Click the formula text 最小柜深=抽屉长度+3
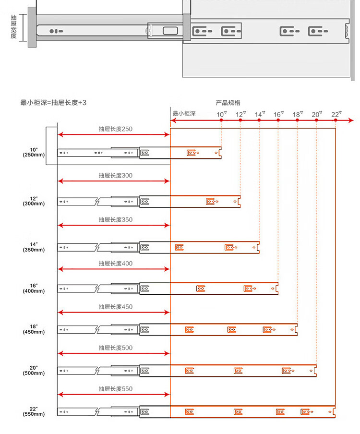pyautogui.click(x=53, y=103)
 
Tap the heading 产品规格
pyautogui.click(x=228, y=103)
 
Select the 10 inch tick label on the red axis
pyautogui.click(x=221, y=114)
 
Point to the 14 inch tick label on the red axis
pyautogui.click(x=260, y=114)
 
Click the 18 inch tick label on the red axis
pyautogui.click(x=298, y=114)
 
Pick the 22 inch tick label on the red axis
pyautogui.click(x=336, y=114)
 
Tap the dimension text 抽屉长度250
pyautogui.click(x=115, y=129)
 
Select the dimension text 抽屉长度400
pyautogui.click(x=115, y=264)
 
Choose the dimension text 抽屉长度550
pyautogui.click(x=115, y=389)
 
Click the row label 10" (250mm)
pyautogui.click(x=33, y=152)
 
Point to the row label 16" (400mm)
pyautogui.click(x=33, y=288)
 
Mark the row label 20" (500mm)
pyautogui.click(x=33, y=370)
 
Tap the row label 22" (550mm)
pyautogui.click(x=33, y=411)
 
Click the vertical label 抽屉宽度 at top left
pyautogui.click(x=13, y=27)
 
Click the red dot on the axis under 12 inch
pyautogui.click(x=240, y=120)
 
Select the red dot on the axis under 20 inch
pyautogui.click(x=317, y=120)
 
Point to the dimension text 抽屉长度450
pyautogui.click(x=115, y=307)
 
